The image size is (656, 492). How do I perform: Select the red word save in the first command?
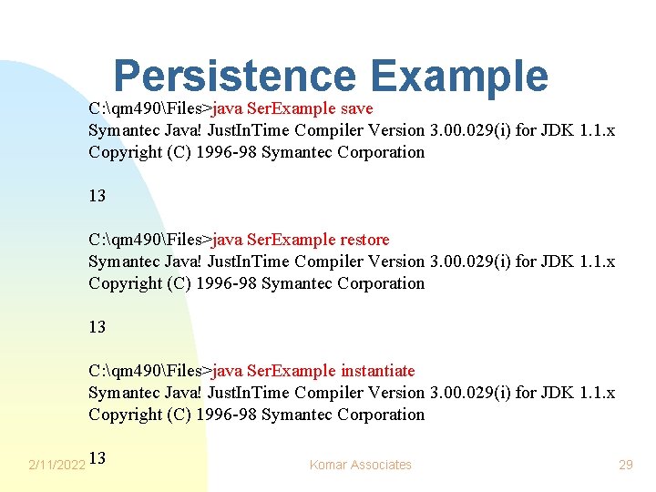[356, 108]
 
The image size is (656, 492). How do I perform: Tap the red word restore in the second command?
[364, 240]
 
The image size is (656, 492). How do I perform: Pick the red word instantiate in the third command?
[377, 371]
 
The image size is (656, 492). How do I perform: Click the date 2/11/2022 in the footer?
[56, 465]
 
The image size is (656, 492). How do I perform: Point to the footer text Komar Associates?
[360, 465]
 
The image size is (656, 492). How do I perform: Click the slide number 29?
[625, 465]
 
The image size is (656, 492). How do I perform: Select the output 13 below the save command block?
[97, 196]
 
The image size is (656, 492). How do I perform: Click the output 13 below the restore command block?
[97, 327]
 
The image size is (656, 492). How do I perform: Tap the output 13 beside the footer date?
[98, 458]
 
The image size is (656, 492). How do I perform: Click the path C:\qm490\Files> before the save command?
[149, 108]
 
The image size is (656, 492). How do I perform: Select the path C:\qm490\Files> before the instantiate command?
[149, 371]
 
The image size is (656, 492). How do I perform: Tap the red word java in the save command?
[228, 108]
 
